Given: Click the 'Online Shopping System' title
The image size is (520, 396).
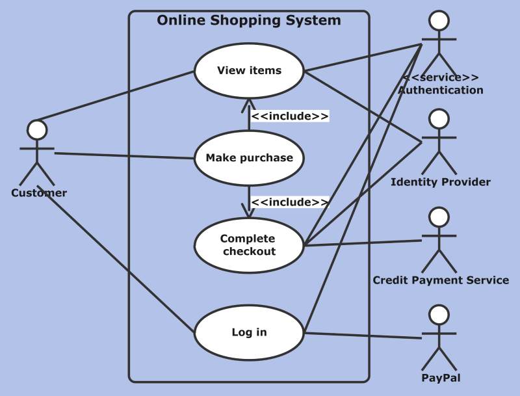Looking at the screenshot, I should click(x=249, y=20).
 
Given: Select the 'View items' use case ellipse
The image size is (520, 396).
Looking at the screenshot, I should click(x=249, y=70).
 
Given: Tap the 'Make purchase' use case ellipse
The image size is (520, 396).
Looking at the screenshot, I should click(x=249, y=157).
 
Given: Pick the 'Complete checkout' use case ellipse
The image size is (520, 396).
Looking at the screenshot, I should click(x=249, y=245).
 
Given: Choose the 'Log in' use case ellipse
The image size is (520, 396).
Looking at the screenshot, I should click(x=249, y=332).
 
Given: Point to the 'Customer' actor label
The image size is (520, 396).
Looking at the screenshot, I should click(x=39, y=193).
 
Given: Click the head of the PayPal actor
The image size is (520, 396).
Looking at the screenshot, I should click(x=439, y=315).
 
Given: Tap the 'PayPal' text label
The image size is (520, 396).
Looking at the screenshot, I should click(x=441, y=378).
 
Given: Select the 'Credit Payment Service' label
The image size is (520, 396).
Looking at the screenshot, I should click(x=441, y=280).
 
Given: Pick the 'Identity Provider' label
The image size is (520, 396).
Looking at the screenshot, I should click(x=441, y=182).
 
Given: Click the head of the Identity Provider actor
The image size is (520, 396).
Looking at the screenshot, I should click(x=439, y=119).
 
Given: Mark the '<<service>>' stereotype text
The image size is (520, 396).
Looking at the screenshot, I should click(x=440, y=77).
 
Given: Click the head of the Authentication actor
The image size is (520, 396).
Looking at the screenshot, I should click(x=439, y=21).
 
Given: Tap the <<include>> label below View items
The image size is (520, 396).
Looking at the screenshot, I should click(x=290, y=116).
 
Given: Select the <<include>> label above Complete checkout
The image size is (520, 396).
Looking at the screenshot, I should click(x=290, y=202).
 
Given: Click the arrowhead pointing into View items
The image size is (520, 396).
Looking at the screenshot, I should click(x=249, y=102).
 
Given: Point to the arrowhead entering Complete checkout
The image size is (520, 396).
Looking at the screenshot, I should click(x=249, y=213).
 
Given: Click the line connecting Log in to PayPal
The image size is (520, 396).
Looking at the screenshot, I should click(x=364, y=336).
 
